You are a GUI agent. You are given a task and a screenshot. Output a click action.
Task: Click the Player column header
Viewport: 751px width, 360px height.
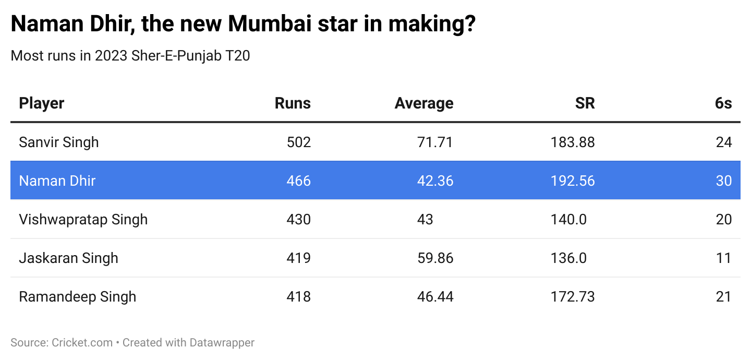coord(42,103)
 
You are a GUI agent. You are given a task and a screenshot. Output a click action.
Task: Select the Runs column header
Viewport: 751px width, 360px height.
coord(293,103)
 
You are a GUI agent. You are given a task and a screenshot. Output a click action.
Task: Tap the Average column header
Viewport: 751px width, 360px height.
coord(423,103)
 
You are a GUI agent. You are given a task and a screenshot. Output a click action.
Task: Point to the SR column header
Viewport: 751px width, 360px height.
coord(585,103)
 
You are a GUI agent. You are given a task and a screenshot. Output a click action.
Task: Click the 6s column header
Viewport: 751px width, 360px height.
coord(723,103)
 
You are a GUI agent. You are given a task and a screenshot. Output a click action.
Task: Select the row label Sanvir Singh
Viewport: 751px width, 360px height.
coord(58,142)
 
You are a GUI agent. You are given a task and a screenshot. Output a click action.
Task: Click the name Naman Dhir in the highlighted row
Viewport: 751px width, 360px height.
coord(57,181)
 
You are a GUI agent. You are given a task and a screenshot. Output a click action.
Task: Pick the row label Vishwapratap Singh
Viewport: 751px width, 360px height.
coord(83,219)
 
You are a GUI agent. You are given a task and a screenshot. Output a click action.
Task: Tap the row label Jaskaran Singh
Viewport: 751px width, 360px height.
coord(68,258)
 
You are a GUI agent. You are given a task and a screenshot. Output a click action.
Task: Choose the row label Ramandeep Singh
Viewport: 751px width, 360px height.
coord(77,296)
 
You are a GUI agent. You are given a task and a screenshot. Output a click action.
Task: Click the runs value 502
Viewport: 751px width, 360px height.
coord(298,142)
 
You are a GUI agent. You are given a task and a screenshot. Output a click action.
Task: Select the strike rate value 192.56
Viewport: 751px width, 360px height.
coord(572,181)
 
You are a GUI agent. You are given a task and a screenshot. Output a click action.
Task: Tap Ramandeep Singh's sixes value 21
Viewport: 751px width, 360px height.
coord(723,296)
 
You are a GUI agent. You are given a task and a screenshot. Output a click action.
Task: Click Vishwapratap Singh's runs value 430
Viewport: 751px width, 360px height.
coord(298,219)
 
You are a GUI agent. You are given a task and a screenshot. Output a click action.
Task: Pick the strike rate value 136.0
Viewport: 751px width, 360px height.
coord(568,258)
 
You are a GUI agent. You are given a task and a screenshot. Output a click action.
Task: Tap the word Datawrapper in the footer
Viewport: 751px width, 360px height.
coord(222,343)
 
